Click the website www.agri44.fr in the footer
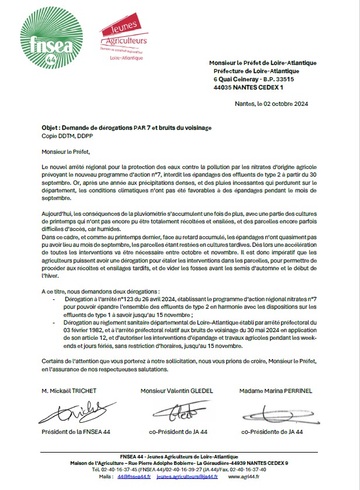[x=240, y=477]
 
